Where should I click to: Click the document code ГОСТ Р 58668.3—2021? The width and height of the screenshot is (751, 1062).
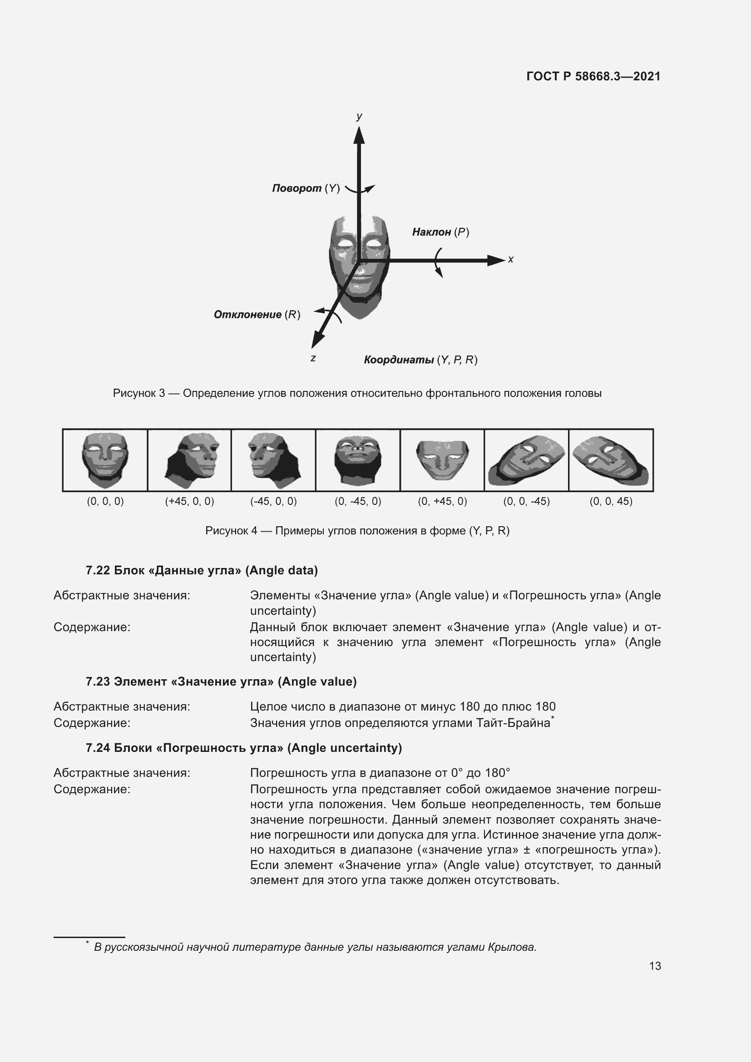[593, 76]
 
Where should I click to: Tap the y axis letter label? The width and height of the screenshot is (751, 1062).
[359, 117]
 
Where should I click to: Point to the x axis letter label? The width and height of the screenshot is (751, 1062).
[510, 260]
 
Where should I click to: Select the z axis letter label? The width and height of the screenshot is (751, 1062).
[313, 358]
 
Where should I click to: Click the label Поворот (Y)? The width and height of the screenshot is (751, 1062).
[306, 188]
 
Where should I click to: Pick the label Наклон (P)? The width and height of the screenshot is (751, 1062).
[440, 232]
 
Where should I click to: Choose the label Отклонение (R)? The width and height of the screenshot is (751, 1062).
[257, 315]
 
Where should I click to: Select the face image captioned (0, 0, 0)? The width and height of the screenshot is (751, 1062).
[105, 460]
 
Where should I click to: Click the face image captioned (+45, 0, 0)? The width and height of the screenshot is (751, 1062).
[190, 460]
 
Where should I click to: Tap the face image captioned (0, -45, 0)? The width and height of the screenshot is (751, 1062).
[358, 460]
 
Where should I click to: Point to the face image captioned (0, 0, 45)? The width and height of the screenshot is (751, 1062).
[611, 460]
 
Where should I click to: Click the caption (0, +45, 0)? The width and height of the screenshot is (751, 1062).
[443, 501]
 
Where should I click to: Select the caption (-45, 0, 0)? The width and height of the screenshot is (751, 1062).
[273, 501]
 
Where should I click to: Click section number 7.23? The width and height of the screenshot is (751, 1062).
[98, 682]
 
